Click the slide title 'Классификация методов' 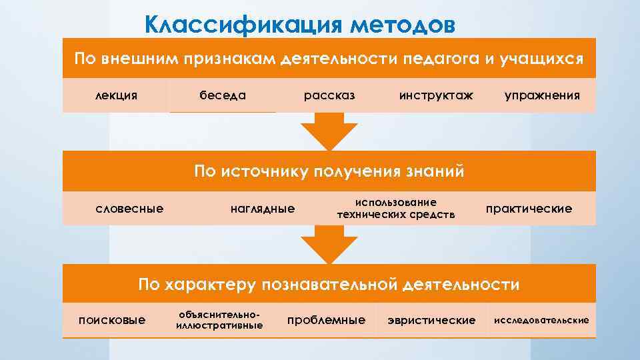click(300, 25)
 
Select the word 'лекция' click(117, 95)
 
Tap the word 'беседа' click(223, 95)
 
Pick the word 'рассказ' click(329, 95)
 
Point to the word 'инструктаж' click(436, 95)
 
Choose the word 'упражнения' click(542, 95)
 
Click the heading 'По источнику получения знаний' click(329, 171)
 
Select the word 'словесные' click(130, 209)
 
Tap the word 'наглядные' click(262, 209)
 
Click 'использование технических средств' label click(396, 208)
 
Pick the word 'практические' click(529, 209)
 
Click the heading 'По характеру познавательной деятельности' click(329, 285)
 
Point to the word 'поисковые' click(112, 320)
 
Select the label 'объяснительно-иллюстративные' click(219, 319)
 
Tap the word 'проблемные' click(326, 320)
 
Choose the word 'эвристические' click(431, 320)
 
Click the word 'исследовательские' click(541, 320)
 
